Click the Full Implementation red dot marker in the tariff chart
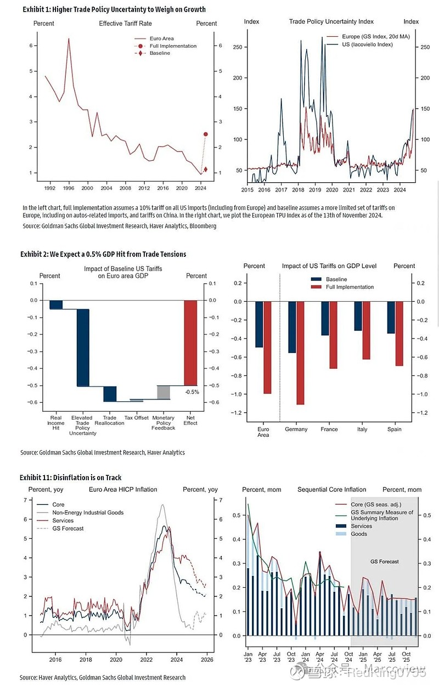point(206,134)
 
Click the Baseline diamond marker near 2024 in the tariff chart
point(206,170)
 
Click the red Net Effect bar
point(190,343)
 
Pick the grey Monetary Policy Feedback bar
point(164,392)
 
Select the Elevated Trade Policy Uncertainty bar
point(83,348)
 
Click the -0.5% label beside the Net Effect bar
point(192,392)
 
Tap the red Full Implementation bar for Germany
point(300,353)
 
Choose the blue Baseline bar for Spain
point(391,317)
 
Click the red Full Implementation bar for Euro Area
point(267,347)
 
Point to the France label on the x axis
point(329,429)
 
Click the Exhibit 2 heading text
point(103,254)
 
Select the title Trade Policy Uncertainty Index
point(331,21)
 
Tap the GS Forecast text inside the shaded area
point(384,561)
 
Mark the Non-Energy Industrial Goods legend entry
point(88,513)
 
